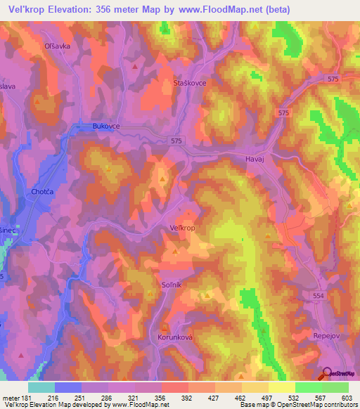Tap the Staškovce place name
[x=188, y=83]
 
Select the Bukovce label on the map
[x=106, y=126]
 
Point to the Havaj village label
[x=255, y=160]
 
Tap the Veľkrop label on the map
[x=183, y=228]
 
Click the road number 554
[x=319, y=297]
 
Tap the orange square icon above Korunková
[x=165, y=327]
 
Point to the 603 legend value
[x=345, y=398]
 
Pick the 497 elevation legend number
[x=266, y=398]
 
